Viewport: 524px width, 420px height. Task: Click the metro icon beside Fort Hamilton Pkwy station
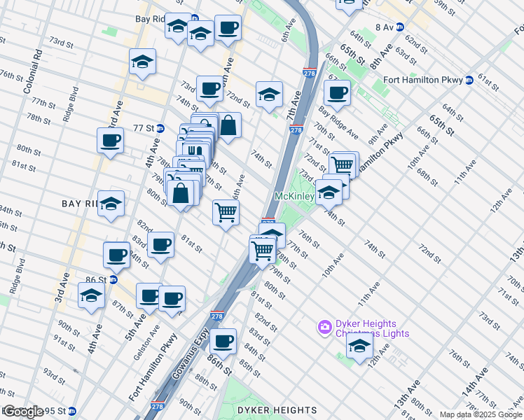[x=468, y=80]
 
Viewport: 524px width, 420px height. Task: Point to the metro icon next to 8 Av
[x=400, y=27]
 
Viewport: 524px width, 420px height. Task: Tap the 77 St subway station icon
[x=160, y=129]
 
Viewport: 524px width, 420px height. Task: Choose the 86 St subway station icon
[x=112, y=279]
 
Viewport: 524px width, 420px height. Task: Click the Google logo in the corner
[x=22, y=412]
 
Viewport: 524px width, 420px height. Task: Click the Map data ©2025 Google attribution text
[x=481, y=414]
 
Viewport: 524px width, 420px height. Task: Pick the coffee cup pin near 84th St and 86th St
[x=223, y=341]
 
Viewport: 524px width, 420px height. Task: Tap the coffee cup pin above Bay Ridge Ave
[x=337, y=92]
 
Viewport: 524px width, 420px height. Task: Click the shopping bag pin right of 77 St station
[x=228, y=126]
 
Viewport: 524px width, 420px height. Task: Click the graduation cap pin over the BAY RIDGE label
[x=111, y=204]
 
